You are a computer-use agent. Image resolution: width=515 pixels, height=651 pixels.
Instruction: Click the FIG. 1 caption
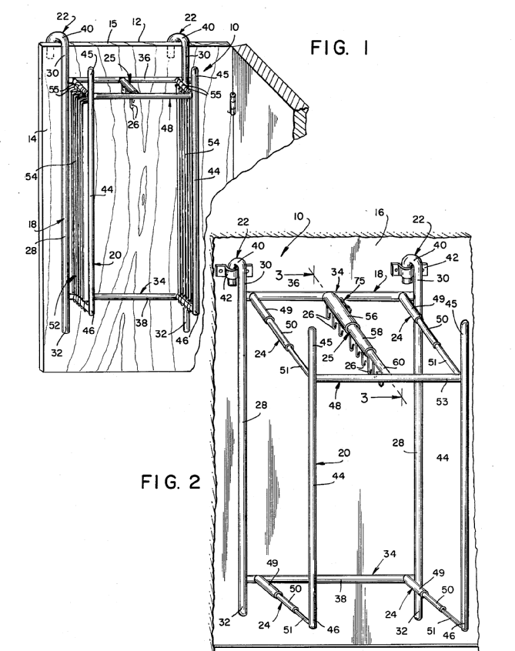[x=339, y=50]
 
